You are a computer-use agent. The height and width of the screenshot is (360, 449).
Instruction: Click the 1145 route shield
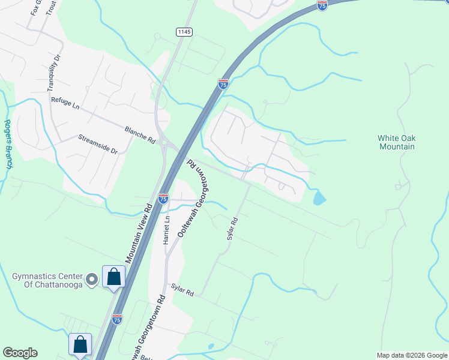click(183, 31)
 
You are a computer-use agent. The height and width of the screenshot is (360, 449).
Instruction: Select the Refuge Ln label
click(65, 103)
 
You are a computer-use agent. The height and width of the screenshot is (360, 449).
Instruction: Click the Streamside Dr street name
click(98, 145)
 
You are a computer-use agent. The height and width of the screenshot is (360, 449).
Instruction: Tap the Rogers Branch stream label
click(8, 144)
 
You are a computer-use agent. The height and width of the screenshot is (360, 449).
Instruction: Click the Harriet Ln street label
click(167, 230)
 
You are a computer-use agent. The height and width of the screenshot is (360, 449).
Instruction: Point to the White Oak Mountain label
click(396, 142)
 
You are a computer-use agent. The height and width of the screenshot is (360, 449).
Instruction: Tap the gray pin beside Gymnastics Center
click(91, 279)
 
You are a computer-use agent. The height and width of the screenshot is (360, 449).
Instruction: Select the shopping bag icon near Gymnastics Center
click(113, 277)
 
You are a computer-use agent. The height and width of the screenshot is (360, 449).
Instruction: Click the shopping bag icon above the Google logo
click(80, 344)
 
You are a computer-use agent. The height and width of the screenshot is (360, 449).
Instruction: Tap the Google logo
click(20, 353)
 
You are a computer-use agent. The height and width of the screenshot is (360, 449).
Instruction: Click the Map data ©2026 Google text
click(412, 355)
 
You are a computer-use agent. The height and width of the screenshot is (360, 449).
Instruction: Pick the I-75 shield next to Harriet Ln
click(163, 198)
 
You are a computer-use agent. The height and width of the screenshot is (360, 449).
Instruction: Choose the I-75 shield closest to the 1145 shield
click(223, 84)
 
